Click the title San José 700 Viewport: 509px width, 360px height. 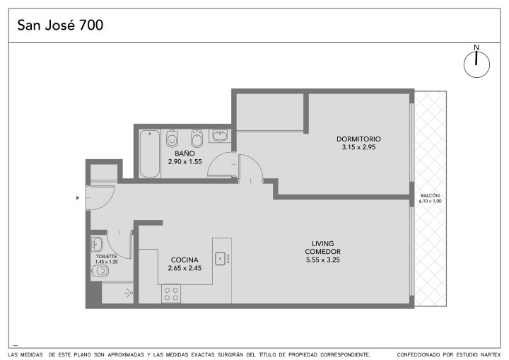click(60, 25)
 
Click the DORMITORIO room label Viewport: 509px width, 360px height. click(358, 139)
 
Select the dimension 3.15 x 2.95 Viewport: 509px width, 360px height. click(358, 147)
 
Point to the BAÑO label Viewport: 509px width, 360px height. click(185, 153)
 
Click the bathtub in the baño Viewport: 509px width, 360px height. click(150, 153)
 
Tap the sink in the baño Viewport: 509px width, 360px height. click(220, 135)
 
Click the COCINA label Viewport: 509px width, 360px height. click(185, 260)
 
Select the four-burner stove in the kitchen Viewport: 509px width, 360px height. click(171, 294)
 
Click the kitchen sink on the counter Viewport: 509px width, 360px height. click(221, 258)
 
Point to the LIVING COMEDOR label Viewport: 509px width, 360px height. click(322, 248)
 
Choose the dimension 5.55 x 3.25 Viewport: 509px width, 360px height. click(322, 260)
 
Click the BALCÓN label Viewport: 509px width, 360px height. click(430, 196)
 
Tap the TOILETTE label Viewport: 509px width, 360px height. click(106, 256)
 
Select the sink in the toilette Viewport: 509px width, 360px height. click(97, 244)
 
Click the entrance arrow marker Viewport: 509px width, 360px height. click(78, 197)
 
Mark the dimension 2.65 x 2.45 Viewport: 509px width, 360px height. click(185, 268)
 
